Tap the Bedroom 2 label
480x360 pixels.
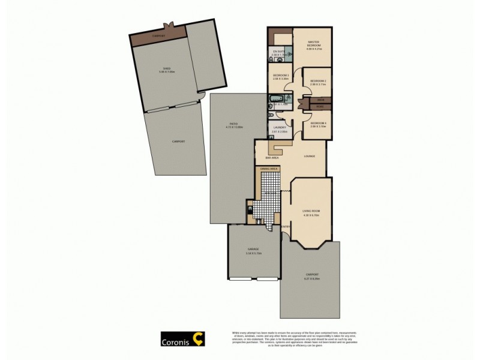point(318,80)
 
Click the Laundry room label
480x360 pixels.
point(280,127)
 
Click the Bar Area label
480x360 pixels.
point(271,157)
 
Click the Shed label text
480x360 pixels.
point(158,68)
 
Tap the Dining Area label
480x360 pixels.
point(268,170)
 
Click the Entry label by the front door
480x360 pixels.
point(286,226)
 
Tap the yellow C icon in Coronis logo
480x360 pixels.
point(199,338)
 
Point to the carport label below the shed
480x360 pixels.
point(178,141)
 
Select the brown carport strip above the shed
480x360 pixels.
point(158,36)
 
